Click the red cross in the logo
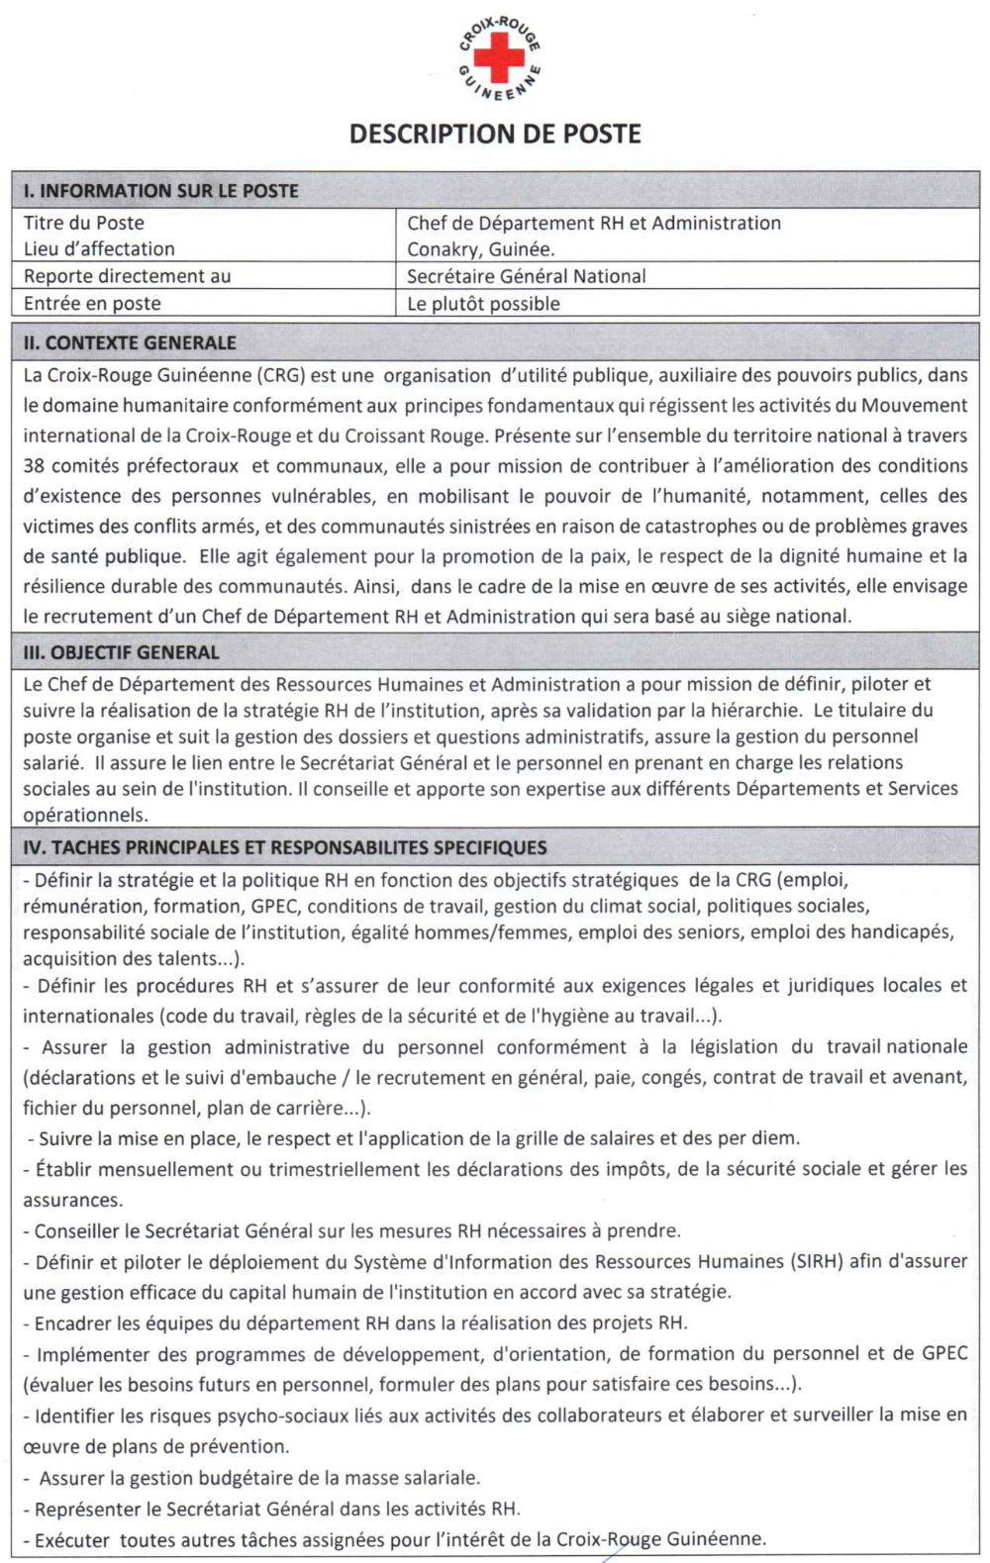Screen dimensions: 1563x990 [x=499, y=55]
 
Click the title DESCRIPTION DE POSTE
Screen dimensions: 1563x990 [x=495, y=134]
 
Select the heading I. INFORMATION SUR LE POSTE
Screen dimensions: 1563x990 [x=161, y=191]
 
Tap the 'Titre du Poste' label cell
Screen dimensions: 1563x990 [x=84, y=223]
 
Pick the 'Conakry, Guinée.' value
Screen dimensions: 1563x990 [x=481, y=249]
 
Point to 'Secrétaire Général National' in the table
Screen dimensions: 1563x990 [x=526, y=276]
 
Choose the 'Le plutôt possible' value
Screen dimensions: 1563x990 [x=483, y=304]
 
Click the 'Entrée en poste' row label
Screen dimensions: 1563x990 [x=92, y=304]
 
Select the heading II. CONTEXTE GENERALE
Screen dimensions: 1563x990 [x=130, y=343]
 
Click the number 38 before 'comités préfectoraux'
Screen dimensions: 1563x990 [x=35, y=465]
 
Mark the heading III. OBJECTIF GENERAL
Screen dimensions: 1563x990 [x=121, y=652]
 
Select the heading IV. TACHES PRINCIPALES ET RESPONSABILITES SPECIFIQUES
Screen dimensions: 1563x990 [x=285, y=847]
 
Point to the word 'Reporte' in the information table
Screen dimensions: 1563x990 [x=55, y=276]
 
